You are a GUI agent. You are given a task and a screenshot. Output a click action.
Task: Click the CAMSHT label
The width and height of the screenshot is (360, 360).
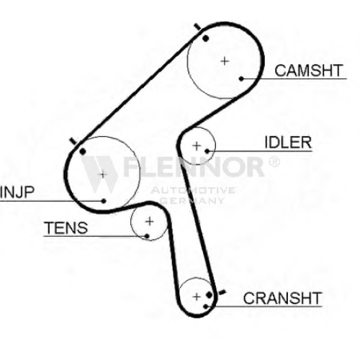308,71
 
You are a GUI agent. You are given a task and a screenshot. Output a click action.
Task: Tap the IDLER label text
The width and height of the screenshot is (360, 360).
288,143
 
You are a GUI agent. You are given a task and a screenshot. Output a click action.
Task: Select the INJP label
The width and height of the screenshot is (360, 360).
17,192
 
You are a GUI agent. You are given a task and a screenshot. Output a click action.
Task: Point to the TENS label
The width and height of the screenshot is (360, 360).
66,228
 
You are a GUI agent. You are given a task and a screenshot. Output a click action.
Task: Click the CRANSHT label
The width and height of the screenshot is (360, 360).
282,298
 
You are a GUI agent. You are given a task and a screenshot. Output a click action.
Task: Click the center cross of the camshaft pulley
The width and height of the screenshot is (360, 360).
225,61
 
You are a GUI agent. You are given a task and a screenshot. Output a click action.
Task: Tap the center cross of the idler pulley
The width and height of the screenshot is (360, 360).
197,146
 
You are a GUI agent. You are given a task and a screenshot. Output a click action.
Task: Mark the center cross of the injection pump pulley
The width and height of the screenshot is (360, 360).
103,174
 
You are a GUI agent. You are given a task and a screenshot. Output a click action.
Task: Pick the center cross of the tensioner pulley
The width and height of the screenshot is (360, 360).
150,221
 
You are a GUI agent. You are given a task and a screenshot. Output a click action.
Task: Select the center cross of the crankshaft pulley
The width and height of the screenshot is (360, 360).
197,297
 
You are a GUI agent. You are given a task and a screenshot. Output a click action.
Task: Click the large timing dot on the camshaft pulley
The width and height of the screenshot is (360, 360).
205,38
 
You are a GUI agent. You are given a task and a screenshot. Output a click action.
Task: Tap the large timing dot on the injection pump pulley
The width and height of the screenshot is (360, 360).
83,151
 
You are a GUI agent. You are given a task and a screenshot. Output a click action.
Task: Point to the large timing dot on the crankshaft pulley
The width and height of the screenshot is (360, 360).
210,294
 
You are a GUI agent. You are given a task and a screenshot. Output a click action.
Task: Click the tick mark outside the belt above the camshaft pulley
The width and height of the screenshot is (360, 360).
197,27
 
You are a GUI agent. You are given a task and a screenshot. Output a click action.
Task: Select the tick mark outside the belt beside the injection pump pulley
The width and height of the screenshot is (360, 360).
73,141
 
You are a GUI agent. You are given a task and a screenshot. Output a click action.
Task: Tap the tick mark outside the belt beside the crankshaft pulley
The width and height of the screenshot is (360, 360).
222,292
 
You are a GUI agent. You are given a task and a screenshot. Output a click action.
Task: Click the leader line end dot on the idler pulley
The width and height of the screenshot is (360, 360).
207,151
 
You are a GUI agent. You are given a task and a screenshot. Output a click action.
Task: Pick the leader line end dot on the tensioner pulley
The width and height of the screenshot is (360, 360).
147,236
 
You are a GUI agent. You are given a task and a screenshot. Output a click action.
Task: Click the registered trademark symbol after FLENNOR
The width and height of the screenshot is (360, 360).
274,162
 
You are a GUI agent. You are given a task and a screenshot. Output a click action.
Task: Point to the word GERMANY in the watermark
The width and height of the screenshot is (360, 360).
192,200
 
